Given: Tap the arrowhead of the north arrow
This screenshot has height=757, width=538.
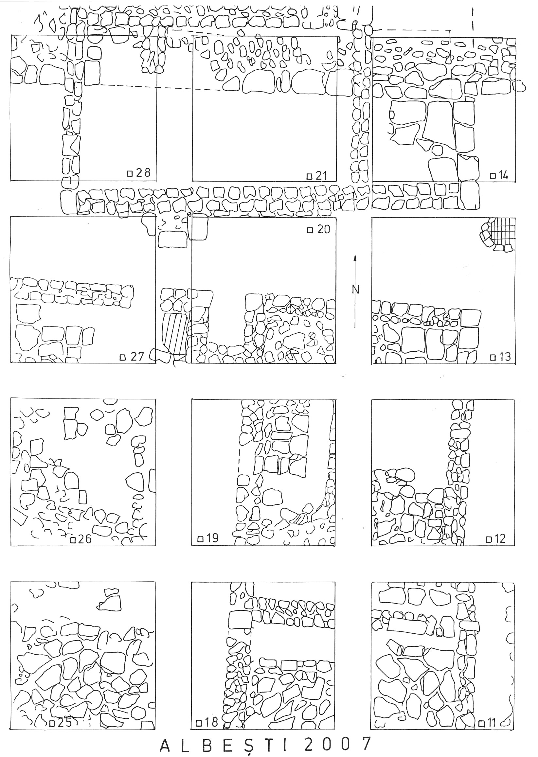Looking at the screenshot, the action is point(355,259).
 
